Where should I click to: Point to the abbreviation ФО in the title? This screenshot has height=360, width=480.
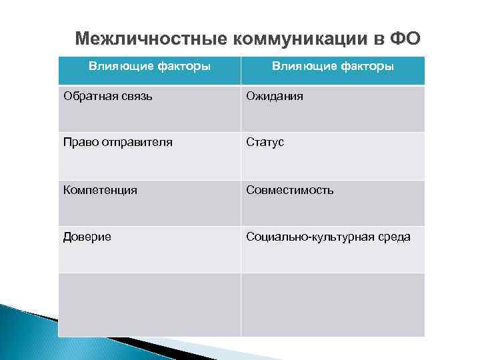(x=404, y=38)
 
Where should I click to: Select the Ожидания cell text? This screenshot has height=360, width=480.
(x=275, y=97)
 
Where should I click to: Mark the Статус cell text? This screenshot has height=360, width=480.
(x=265, y=143)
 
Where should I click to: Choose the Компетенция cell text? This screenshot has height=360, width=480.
(x=100, y=190)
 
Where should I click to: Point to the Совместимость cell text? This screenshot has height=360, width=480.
(x=290, y=190)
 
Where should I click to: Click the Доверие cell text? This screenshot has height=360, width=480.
(x=87, y=237)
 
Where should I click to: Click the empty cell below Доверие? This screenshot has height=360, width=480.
(x=149, y=304)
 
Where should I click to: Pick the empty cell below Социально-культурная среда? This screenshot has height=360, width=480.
(x=332, y=304)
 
